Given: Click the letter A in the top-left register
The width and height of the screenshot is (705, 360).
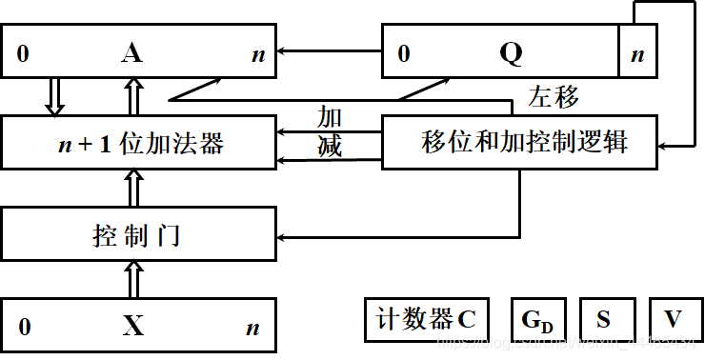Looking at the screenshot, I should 133,53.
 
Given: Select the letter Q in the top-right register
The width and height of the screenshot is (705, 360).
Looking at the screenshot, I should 511,53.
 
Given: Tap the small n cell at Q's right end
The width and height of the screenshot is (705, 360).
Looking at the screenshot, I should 637,54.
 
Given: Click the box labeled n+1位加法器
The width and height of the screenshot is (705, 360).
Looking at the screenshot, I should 139,144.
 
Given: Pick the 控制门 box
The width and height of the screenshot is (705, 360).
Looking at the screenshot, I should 139,233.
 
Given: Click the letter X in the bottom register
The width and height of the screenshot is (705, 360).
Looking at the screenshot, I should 133,327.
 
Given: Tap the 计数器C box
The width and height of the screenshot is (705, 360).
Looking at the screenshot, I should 426,320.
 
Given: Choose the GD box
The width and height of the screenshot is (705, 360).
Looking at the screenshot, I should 537,320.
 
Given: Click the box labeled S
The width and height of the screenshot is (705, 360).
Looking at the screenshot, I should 603,320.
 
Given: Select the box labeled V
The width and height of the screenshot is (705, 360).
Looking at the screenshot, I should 673,320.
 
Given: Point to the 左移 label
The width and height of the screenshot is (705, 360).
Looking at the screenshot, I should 553,97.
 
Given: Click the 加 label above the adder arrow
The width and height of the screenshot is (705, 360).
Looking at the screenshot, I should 329,118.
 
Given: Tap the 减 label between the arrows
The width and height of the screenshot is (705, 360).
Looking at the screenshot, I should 329,147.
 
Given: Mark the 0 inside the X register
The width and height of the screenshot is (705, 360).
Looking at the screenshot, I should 24,328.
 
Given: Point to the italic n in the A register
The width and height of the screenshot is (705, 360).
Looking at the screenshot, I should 257,54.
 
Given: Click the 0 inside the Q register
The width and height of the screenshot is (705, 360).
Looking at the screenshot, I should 404,54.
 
